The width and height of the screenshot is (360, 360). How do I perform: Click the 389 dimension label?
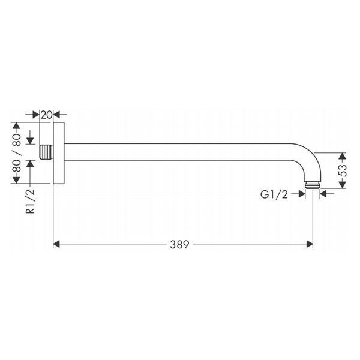click(179, 245)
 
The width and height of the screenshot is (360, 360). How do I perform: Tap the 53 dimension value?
click(343, 170)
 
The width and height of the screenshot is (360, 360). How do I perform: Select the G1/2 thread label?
click(274, 194)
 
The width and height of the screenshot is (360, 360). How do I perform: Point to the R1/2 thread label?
click(30, 201)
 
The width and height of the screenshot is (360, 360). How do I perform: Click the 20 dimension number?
click(47, 115)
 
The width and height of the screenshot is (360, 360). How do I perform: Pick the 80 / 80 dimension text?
click(17, 153)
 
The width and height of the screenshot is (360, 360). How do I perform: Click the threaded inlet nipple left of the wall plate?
click(46, 152)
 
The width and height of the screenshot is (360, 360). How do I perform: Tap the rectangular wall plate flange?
click(59, 153)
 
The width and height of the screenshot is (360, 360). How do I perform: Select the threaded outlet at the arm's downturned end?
click(313, 185)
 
